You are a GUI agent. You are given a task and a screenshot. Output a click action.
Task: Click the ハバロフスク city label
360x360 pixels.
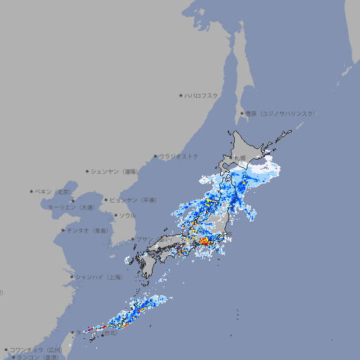point(202,95)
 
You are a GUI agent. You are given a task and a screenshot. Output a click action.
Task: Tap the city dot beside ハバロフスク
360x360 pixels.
point(181,95)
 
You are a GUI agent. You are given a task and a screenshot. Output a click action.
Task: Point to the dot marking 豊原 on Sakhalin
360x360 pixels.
point(242,113)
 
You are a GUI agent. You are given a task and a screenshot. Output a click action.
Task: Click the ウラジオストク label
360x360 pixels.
point(179,156)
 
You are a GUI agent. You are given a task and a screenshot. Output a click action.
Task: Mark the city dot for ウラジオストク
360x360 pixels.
point(155,156)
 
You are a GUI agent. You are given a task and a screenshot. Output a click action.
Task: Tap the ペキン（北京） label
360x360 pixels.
point(54,191)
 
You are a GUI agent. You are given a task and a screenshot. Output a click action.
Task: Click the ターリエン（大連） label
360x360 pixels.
point(71,207)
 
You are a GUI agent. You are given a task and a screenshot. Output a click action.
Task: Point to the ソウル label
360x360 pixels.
point(127,215)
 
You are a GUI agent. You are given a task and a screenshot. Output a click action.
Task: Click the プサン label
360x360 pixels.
point(144,239)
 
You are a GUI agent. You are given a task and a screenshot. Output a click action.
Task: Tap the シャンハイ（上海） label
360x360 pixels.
point(98,277)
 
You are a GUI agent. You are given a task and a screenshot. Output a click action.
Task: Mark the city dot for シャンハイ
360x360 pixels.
point(72,277)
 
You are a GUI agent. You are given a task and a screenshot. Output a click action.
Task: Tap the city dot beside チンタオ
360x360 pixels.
point(63,230)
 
